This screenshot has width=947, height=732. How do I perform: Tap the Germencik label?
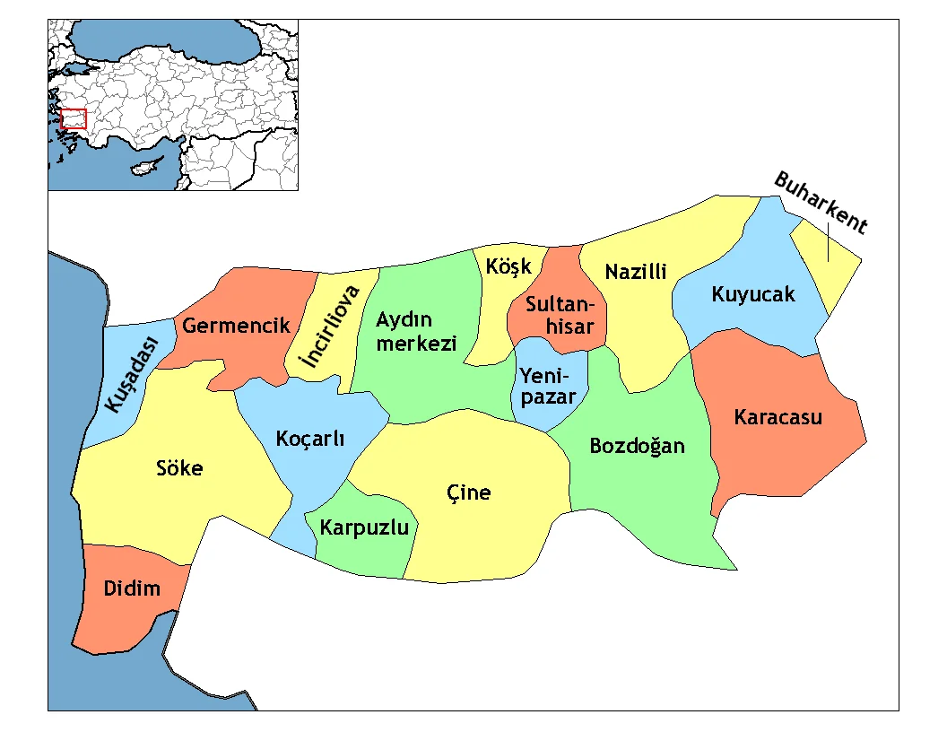pyautogui.click(x=237, y=325)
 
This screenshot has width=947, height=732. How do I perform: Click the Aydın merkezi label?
pyautogui.click(x=416, y=332)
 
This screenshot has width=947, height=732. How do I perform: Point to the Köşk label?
pyautogui.click(x=508, y=266)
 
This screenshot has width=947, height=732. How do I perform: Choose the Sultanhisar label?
pyautogui.click(x=559, y=314)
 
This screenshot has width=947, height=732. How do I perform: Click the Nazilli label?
pyautogui.click(x=636, y=271)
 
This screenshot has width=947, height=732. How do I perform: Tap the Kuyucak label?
pyautogui.click(x=753, y=293)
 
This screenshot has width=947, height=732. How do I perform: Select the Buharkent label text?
pyautogui.click(x=821, y=203)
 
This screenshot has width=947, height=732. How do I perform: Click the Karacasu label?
pyautogui.click(x=778, y=417)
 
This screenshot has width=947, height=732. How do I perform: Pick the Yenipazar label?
pyautogui.click(x=548, y=386)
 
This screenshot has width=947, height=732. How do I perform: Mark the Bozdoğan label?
pyautogui.click(x=637, y=446)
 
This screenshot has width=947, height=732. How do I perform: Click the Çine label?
pyautogui.click(x=469, y=492)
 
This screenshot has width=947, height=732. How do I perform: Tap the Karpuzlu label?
pyautogui.click(x=364, y=527)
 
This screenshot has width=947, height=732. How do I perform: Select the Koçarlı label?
pyautogui.click(x=309, y=439)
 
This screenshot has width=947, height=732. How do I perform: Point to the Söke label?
pyautogui.click(x=179, y=467)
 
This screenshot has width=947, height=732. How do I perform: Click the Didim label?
pyautogui.click(x=132, y=588)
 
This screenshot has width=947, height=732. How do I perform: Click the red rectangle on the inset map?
pyautogui.click(x=73, y=118)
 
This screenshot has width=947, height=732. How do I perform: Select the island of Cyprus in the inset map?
pyautogui.click(x=143, y=168)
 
